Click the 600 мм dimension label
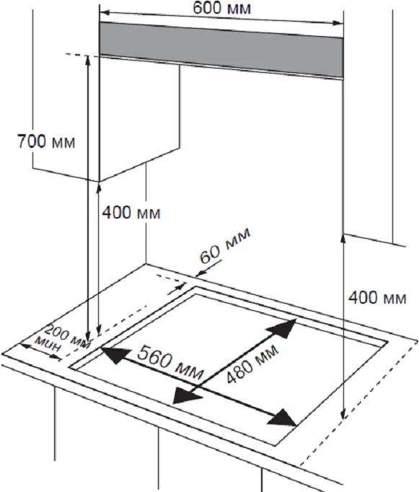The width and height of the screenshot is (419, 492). (x=221, y=8)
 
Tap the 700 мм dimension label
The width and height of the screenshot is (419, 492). (x=46, y=141)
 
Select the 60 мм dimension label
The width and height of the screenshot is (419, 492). (x=225, y=246)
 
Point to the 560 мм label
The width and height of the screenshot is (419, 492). (x=170, y=361)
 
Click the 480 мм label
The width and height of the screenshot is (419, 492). (x=252, y=364)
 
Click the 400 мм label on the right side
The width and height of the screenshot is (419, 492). (x=377, y=297)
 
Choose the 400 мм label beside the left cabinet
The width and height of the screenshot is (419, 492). (x=131, y=212)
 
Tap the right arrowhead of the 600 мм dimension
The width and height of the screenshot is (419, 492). (x=338, y=22)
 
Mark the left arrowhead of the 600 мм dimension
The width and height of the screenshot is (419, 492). (x=105, y=13)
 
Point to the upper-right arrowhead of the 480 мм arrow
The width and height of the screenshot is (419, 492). (x=282, y=328)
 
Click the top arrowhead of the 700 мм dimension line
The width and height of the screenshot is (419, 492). (x=88, y=61)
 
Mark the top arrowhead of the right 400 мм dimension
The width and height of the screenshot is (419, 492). (x=344, y=239)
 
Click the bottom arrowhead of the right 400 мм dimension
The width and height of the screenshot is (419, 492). (x=344, y=413)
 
